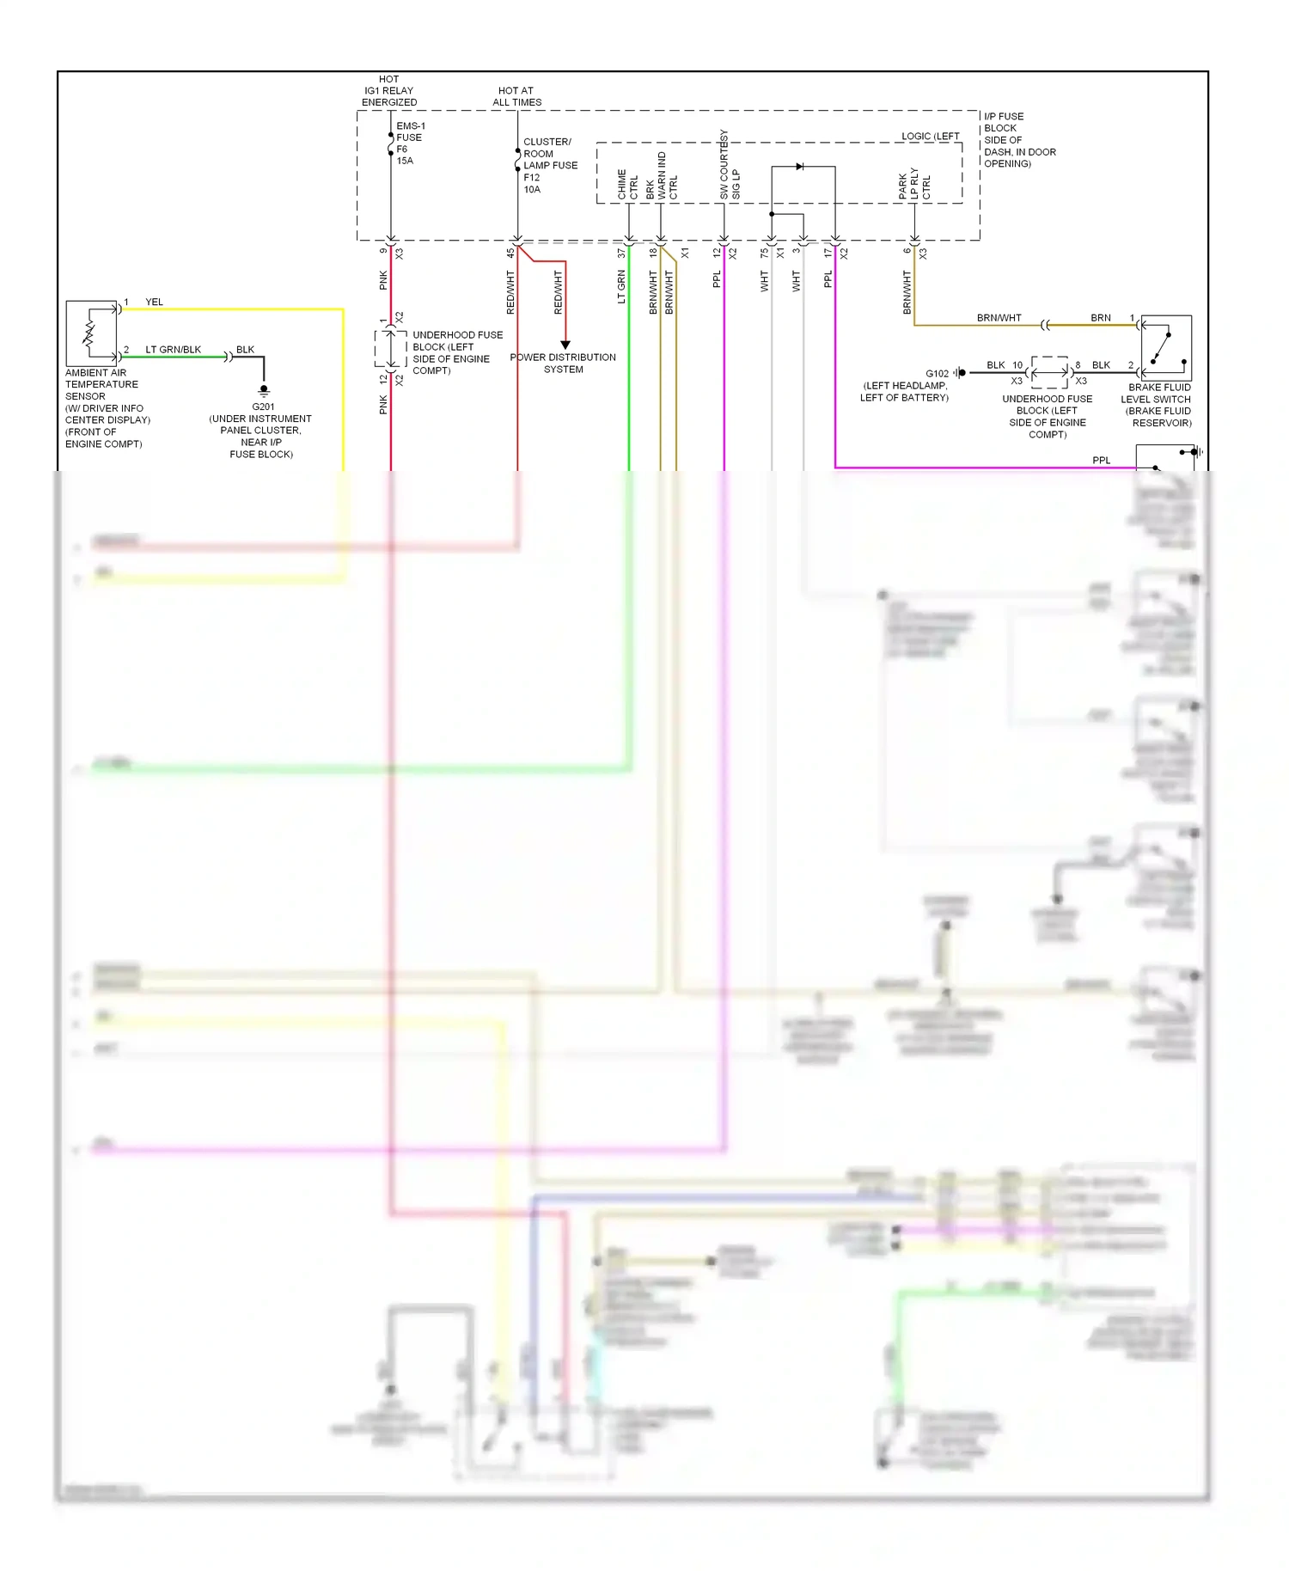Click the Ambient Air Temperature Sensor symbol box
coord(91,333)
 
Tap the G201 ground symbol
coord(264,390)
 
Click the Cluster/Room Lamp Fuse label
coord(550,165)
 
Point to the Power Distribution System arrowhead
coord(565,345)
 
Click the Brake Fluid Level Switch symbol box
coord(1166,347)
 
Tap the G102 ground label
coord(937,374)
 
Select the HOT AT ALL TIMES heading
coord(516,96)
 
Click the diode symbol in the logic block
coord(800,167)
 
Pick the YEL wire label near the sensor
coord(154,303)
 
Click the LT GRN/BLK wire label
coord(173,350)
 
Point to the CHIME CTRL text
coord(627,185)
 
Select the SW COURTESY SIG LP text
coord(730,166)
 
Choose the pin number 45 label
coord(510,253)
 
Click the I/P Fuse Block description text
coord(1019,140)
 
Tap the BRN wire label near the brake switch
coord(1100,318)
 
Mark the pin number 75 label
coord(764,253)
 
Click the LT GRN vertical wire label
coord(621,287)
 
